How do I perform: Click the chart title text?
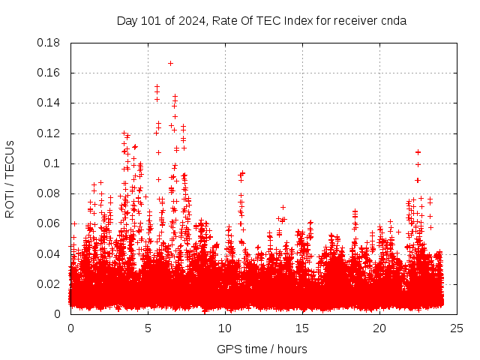(x=261, y=20)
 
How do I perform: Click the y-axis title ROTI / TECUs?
(x=10, y=178)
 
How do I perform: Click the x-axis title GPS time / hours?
(x=262, y=349)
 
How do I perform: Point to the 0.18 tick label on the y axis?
(x=49, y=43)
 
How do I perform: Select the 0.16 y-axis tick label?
(x=49, y=73)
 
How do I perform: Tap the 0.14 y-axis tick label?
(x=49, y=103)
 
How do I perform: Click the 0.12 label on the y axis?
(x=49, y=133)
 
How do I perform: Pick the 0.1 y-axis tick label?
(x=54, y=163)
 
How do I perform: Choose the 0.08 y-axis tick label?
(x=49, y=193)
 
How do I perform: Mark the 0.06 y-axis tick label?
(x=49, y=223)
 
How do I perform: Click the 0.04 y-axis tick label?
(x=49, y=253)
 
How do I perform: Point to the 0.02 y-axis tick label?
(x=49, y=283)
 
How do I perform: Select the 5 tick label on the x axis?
(x=148, y=328)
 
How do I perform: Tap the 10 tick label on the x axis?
(x=225, y=328)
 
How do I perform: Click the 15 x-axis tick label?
(x=302, y=328)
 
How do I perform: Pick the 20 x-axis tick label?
(x=379, y=328)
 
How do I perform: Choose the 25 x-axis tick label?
(x=457, y=328)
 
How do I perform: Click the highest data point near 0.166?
(x=170, y=63)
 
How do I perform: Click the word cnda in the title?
(x=392, y=20)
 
